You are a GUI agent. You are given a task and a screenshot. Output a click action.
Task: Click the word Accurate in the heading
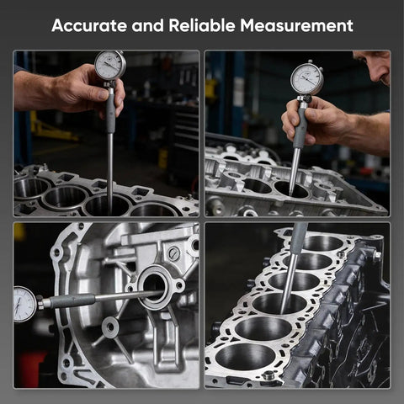(89, 25)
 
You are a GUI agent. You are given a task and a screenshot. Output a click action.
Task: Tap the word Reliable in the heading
(202, 25)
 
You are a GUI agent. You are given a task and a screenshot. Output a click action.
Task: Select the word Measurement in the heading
(296, 25)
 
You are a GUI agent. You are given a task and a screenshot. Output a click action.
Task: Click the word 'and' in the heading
(147, 25)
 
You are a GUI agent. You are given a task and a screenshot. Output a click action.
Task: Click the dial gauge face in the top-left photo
(109, 65)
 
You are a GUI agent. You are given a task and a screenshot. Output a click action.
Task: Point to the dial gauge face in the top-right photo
(306, 79)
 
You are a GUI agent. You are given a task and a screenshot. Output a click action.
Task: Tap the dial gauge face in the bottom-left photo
(24, 305)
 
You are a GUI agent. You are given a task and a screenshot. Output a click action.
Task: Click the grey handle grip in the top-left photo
(110, 112)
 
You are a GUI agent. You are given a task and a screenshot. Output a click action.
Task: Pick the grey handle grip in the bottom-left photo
(72, 300)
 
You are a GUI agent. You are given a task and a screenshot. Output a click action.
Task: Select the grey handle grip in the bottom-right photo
(298, 238)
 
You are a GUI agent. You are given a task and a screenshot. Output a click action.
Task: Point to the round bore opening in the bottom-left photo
(154, 287)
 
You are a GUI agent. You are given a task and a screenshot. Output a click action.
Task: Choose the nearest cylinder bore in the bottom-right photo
(245, 357)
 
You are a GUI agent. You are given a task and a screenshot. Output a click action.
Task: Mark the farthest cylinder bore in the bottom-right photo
(322, 243)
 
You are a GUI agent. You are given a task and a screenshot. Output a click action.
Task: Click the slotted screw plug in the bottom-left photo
(174, 253)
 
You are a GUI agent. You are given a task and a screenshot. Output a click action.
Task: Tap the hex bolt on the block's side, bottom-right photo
(377, 256)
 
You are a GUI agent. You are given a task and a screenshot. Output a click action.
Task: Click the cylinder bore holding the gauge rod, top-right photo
(291, 189)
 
